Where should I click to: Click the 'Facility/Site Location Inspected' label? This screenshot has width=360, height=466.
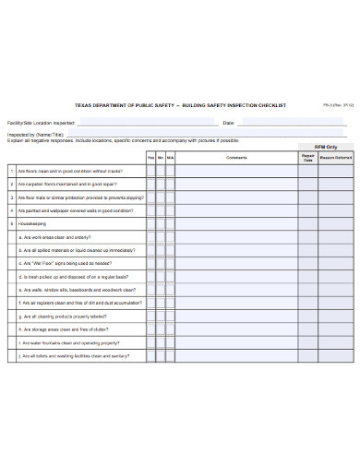42,123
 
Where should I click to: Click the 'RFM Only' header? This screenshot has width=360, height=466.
326,147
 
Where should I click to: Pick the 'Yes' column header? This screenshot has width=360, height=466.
150,157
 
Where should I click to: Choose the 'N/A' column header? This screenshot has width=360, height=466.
171,157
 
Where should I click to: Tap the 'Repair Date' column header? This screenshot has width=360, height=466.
307,157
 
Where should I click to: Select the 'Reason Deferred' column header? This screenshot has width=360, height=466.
336,157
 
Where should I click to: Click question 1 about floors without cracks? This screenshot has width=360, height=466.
69,171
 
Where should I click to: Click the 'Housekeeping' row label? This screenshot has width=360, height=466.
33,223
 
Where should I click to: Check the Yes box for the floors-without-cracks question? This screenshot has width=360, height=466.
150,171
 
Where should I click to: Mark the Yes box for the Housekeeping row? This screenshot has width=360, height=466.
150,223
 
